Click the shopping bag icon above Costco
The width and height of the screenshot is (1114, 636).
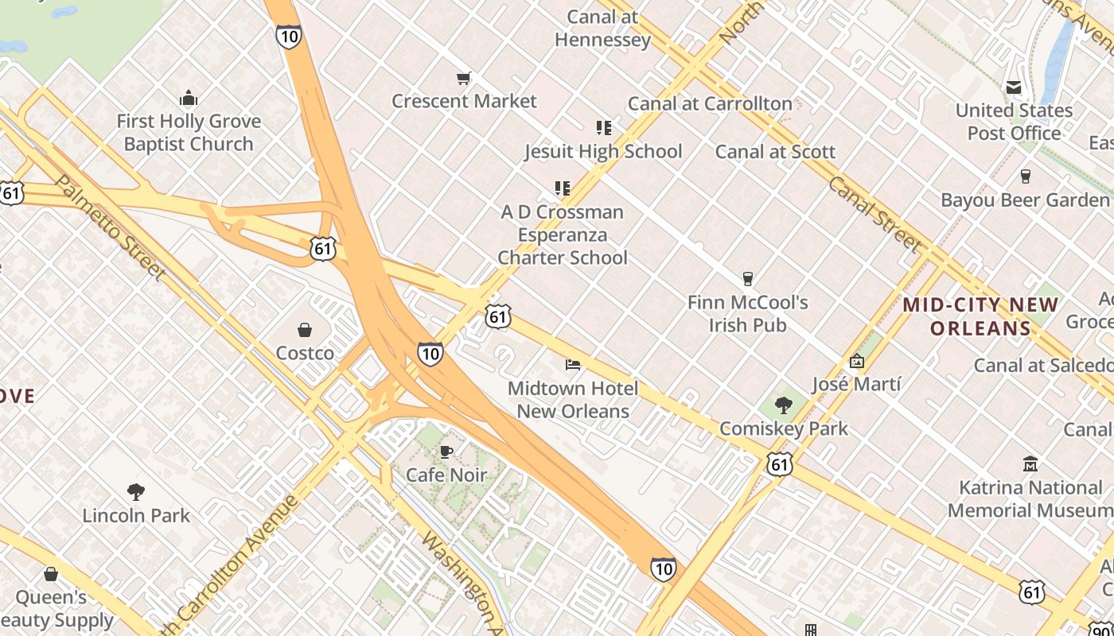point(304,329)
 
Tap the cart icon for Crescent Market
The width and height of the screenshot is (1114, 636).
point(464,78)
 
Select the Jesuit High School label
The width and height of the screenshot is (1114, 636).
point(603,151)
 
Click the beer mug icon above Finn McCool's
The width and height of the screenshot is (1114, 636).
point(747,278)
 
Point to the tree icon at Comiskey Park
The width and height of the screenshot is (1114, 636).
point(784,405)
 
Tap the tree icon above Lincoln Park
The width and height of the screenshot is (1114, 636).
point(136,492)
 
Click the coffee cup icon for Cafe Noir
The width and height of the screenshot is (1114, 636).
point(446,452)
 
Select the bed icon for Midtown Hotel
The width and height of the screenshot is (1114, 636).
point(573,364)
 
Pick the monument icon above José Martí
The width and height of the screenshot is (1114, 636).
point(856,361)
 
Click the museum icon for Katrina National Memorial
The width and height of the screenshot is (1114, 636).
point(1030,463)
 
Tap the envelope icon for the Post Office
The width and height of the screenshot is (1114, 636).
point(1014,87)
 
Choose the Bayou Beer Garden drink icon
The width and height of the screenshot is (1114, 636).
point(1025,176)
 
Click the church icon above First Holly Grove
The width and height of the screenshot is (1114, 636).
point(189,98)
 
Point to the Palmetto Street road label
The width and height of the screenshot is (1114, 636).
point(111,228)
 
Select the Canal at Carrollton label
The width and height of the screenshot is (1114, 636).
point(710,103)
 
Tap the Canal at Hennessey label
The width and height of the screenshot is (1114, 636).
point(602,29)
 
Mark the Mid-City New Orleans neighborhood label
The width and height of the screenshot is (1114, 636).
point(980,316)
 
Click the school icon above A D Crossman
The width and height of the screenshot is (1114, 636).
point(563,188)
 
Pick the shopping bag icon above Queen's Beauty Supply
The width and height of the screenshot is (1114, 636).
point(51,573)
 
